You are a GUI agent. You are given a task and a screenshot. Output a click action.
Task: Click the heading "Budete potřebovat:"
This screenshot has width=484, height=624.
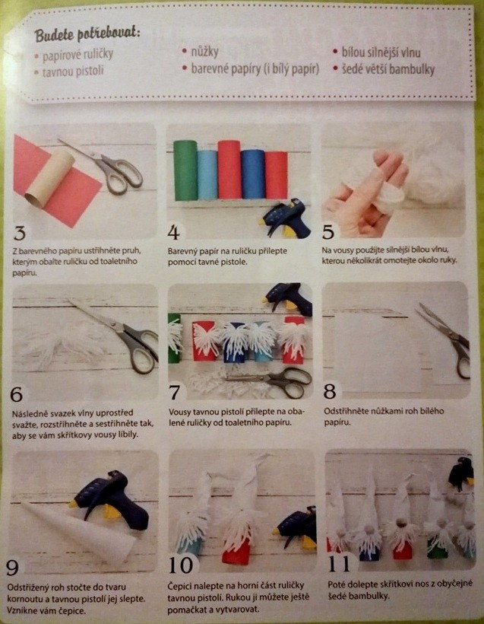pyautogui.click(x=87, y=34)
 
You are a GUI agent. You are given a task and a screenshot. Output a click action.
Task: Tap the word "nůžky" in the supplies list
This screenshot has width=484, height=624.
pyautogui.click(x=204, y=51)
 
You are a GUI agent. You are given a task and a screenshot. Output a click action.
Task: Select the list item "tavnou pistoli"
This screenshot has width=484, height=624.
pyautogui.click(x=73, y=72)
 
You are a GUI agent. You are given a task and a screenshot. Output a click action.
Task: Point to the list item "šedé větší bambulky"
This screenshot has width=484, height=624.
pyautogui.click(x=388, y=69)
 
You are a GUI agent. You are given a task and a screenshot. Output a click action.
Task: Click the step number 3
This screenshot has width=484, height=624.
pyautogui.click(x=20, y=233)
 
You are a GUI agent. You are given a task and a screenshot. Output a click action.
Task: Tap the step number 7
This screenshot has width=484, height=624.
pyautogui.click(x=176, y=393)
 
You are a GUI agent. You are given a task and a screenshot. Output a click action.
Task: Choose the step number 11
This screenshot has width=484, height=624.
pyautogui.click(x=339, y=564)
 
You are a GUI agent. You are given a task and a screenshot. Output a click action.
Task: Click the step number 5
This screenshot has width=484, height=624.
pyautogui.click(x=328, y=232)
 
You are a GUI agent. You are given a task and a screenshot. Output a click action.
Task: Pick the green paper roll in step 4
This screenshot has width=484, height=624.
pyautogui.click(x=185, y=170)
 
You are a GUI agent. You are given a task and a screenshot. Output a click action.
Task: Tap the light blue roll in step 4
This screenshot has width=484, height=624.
pyautogui.click(x=207, y=175)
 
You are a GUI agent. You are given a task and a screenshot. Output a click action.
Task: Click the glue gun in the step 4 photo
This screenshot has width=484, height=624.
pyautogui.click(x=287, y=218)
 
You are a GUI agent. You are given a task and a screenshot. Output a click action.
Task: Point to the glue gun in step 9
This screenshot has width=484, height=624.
pyautogui.click(x=110, y=500)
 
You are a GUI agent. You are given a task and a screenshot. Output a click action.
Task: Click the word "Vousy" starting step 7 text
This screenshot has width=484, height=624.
pyautogui.click(x=179, y=412)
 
